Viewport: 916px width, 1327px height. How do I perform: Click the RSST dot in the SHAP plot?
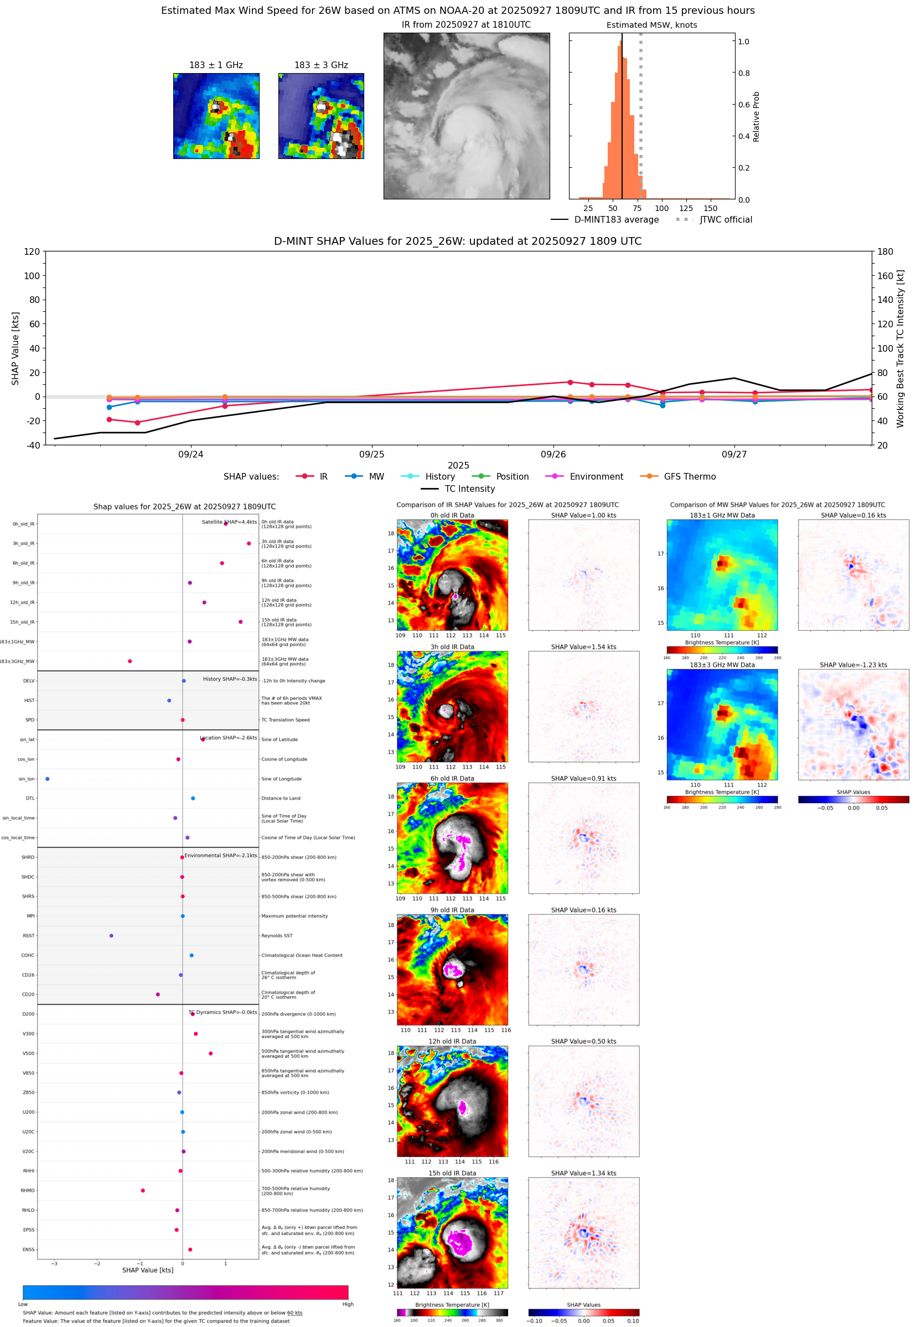click(x=111, y=935)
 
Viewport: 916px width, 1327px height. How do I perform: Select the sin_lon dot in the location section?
click(x=48, y=779)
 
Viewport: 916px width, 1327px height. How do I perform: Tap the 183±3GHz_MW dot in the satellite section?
click(x=130, y=661)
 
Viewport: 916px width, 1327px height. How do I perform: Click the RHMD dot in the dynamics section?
click(x=143, y=1190)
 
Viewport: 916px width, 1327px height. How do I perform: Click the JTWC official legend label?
click(x=726, y=219)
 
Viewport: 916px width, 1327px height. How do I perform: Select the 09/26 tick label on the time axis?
click(x=553, y=454)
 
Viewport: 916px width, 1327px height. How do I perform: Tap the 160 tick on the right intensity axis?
click(x=885, y=276)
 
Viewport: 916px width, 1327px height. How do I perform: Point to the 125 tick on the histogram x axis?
click(x=686, y=208)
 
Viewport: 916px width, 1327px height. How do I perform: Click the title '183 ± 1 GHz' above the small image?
click(x=216, y=65)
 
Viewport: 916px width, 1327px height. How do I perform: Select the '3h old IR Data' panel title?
click(x=452, y=646)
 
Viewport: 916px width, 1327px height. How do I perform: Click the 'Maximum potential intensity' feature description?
click(x=294, y=916)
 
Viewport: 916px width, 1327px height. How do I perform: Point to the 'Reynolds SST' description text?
click(x=277, y=935)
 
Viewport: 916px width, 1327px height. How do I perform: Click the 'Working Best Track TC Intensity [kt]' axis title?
click(x=900, y=348)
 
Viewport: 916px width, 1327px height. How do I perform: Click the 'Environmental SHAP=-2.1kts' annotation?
click(x=220, y=856)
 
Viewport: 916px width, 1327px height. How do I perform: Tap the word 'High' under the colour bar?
click(x=348, y=1304)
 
